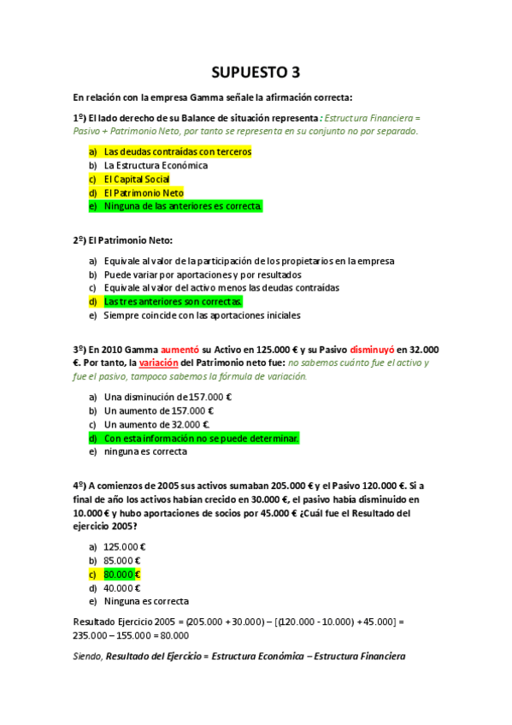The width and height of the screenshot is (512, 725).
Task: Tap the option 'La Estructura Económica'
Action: tap(156, 166)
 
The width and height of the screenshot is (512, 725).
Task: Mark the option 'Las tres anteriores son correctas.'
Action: tap(173, 302)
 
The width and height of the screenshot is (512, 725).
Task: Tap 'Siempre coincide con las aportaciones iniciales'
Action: tap(202, 315)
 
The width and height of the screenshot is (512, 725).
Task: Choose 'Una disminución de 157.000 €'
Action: tap(168, 397)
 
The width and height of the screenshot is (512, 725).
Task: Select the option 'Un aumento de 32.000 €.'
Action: tap(157, 424)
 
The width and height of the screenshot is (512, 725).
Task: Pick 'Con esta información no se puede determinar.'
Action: tap(201, 438)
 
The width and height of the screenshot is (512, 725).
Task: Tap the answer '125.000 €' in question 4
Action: tap(125, 547)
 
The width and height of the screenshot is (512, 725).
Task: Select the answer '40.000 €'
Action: tap(122, 588)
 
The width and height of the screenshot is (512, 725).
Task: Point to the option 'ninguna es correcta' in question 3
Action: tap(145, 451)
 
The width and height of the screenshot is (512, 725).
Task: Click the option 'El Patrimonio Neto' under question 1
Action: tap(144, 193)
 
